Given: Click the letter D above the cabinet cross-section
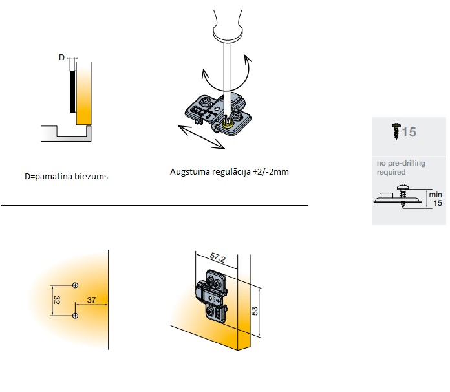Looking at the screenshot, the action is [61, 58].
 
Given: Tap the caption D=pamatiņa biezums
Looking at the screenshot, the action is [67, 177].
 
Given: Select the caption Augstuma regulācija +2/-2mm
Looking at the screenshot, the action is [230, 171].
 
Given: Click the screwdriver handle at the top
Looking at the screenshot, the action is [228, 25].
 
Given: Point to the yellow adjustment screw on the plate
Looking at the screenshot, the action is [228, 124].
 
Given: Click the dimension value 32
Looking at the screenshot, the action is [56, 300].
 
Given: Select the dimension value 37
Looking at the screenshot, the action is [91, 299].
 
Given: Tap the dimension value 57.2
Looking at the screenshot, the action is [217, 257].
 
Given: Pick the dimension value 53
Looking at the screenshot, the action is [255, 311].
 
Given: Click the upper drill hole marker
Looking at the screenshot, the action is [75, 285].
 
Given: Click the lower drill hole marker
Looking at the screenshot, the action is [75, 316].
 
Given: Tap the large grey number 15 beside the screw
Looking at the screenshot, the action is [409, 133].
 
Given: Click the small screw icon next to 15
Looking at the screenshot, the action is [396, 131].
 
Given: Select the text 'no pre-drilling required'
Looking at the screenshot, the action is [401, 168].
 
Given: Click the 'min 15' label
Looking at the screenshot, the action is [436, 199].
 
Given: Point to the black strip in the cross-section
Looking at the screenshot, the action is [72, 91].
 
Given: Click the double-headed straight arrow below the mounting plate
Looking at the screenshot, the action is [202, 137].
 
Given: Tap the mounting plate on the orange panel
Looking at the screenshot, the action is [212, 296].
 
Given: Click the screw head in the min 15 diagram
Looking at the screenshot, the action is [403, 188].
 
